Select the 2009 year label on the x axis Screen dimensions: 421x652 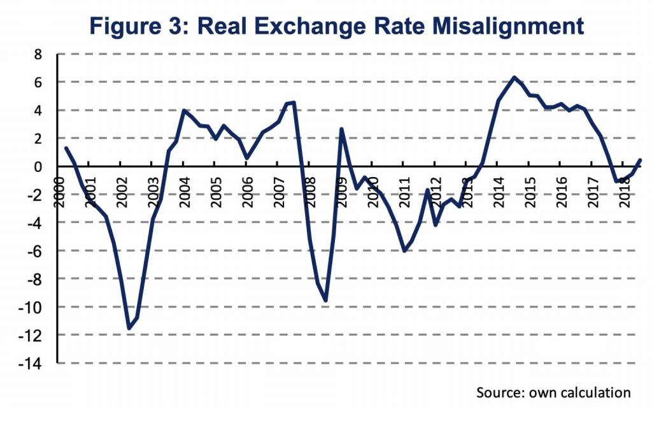point(341,190)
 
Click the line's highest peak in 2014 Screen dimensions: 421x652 point(513,78)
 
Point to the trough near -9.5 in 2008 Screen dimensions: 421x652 point(325,301)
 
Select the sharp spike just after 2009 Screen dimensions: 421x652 point(341,129)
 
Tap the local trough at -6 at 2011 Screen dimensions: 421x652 point(404,251)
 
